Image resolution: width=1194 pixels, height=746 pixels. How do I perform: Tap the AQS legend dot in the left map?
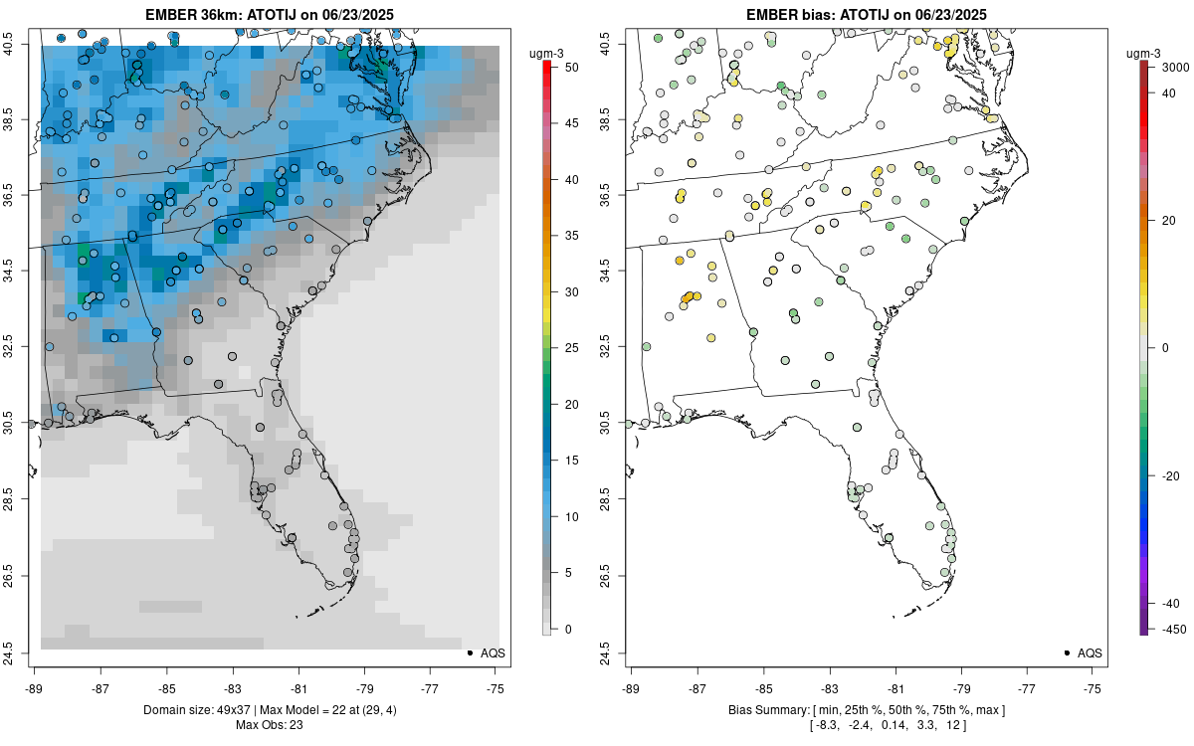point(469,653)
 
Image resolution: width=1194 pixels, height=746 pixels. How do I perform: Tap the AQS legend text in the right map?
point(1090,653)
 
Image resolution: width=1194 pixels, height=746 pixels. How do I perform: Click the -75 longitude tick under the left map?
point(496,687)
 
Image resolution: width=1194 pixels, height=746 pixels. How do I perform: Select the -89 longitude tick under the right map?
point(631,687)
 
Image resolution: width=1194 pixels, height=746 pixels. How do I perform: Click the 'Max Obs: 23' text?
point(269,724)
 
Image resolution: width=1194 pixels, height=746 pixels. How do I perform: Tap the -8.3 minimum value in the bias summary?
point(827,724)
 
